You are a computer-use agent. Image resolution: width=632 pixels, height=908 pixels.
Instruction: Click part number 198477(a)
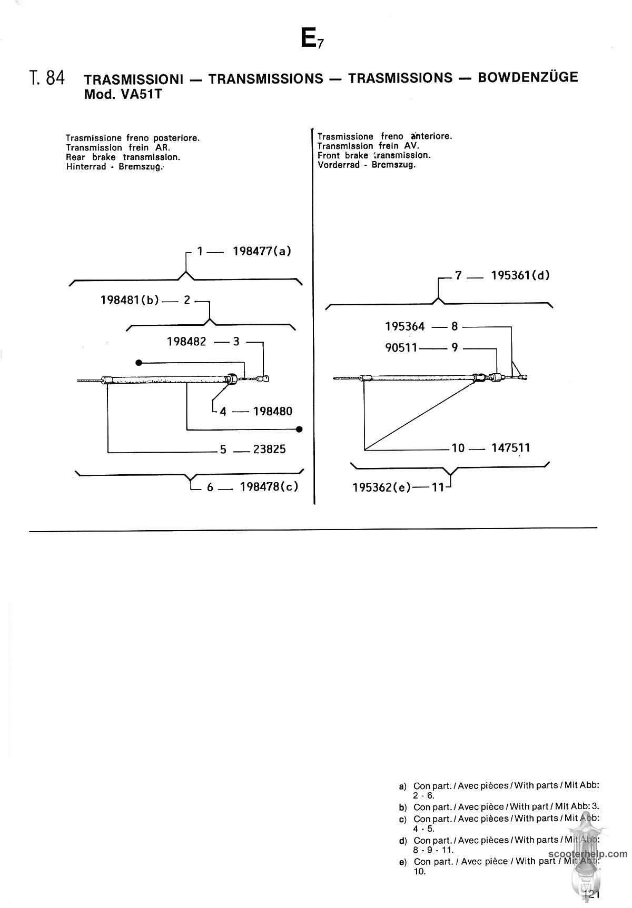tap(262, 251)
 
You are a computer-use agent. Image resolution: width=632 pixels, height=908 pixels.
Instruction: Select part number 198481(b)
tap(130, 301)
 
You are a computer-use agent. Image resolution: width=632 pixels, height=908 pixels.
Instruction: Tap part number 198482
tap(186, 342)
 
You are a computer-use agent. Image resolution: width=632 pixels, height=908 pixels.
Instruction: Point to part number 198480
tap(273, 411)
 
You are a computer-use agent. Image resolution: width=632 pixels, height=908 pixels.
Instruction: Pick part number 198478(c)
tap(269, 487)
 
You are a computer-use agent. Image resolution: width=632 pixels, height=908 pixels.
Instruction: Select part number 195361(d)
tap(520, 275)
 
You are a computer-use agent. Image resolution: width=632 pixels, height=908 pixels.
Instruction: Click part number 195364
tap(404, 327)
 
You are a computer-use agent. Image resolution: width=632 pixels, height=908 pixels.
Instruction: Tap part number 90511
tap(401, 347)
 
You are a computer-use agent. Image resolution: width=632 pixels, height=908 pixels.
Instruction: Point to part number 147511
tap(511, 448)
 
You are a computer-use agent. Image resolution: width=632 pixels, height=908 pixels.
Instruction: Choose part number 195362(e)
tap(382, 487)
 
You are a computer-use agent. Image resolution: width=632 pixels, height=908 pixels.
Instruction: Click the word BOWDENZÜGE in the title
tap(528, 77)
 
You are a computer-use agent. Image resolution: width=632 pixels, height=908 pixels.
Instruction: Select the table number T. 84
tap(47, 78)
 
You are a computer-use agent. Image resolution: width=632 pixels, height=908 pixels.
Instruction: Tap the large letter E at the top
tap(309, 37)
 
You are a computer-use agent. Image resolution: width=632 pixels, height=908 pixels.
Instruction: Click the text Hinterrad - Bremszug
tap(115, 167)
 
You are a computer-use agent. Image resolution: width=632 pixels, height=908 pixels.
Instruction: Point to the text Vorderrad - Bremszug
tap(367, 165)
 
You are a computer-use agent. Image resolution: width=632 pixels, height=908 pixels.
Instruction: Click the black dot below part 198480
tap(300, 430)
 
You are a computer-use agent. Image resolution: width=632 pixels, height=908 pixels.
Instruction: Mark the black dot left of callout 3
tap(139, 363)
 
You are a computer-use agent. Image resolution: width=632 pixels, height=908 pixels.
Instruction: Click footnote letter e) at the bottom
tap(403, 862)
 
